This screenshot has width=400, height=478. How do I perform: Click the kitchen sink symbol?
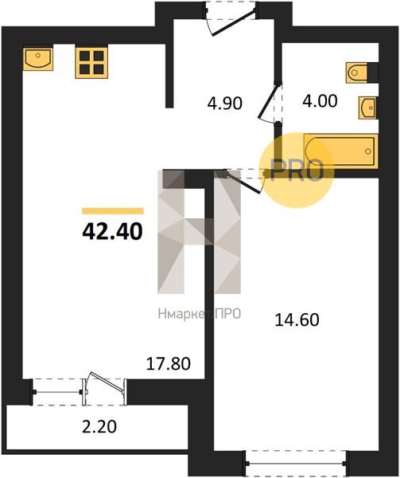[x=38, y=59]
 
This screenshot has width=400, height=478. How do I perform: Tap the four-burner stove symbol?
[x=91, y=63]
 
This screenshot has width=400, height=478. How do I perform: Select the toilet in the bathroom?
[x=357, y=72]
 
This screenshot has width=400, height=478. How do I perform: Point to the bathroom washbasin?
[x=368, y=108]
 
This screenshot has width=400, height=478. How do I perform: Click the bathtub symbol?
[x=340, y=151]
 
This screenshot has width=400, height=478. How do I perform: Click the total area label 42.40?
[x=112, y=231]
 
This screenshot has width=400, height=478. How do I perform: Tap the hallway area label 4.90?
[x=225, y=103]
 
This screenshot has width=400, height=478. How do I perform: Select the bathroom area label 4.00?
[x=320, y=101]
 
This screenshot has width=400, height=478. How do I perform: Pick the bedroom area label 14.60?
[x=297, y=320]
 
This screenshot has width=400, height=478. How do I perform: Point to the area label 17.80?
[x=169, y=363]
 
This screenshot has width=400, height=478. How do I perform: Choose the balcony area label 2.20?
[x=99, y=427]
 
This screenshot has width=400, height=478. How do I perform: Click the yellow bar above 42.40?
[x=113, y=211]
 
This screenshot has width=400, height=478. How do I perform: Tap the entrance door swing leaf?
[x=234, y=23]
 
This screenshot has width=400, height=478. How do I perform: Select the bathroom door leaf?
[x=268, y=101]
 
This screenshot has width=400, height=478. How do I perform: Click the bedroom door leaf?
[x=243, y=182]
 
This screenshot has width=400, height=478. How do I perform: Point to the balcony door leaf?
[x=108, y=382]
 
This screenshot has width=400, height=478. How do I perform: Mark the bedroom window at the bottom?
[x=296, y=464]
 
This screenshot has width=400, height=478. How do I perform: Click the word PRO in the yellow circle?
[x=297, y=170]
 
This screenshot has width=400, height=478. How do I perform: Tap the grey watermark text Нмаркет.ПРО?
[x=200, y=313]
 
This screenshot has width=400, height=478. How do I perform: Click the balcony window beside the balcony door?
[x=57, y=392]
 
